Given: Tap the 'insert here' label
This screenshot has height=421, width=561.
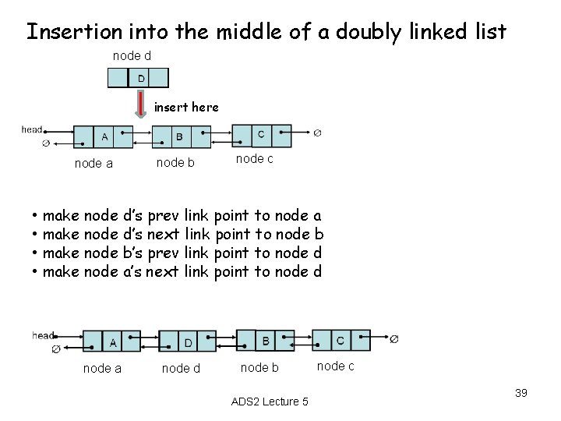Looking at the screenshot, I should point(186,107).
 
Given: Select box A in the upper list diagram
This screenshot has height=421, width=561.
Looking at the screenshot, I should point(104,136).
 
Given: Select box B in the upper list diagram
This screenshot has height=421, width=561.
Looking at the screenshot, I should point(179,137).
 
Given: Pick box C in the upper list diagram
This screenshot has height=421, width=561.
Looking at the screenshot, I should point(261,134).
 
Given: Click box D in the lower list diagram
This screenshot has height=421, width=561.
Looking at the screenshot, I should point(189,342).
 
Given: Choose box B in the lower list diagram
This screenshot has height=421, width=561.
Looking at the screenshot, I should point(266,340).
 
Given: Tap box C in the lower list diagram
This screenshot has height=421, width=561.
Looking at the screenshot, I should point(340,340).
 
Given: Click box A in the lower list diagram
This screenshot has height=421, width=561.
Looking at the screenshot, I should point(113,341).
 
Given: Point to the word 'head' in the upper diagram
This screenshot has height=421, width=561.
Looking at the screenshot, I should point(32,129).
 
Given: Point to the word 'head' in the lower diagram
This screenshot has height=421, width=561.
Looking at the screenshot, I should point(43,335).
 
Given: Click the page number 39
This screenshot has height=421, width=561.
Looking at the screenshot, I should point(521,393).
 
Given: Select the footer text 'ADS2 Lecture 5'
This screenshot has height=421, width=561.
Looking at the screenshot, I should point(270,402).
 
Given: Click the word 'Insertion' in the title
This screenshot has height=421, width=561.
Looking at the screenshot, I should point(65,32).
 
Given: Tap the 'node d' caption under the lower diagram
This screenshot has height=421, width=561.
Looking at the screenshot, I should point(180,368).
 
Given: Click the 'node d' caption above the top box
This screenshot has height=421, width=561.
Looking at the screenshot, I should point(132,56).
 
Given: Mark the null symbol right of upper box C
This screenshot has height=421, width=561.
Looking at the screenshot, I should point(317,133).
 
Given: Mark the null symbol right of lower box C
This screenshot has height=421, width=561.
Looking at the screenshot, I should point(394,338).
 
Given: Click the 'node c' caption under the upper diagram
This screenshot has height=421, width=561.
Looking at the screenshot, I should point(254,158).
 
